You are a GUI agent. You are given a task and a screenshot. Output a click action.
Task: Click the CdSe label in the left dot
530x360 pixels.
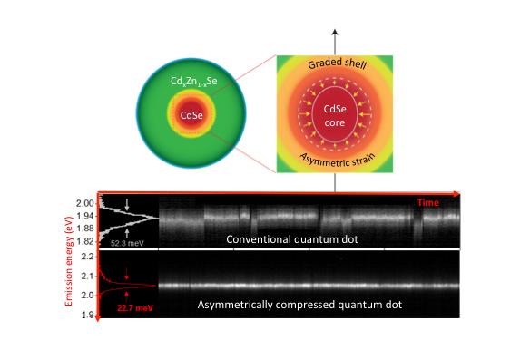(191, 114)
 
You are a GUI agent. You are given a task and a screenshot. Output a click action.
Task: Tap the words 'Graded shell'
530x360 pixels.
(338, 64)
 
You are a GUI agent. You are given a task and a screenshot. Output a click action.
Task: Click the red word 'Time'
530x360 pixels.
(428, 202)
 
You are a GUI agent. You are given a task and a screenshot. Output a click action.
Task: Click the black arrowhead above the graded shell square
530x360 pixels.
(336, 32)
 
